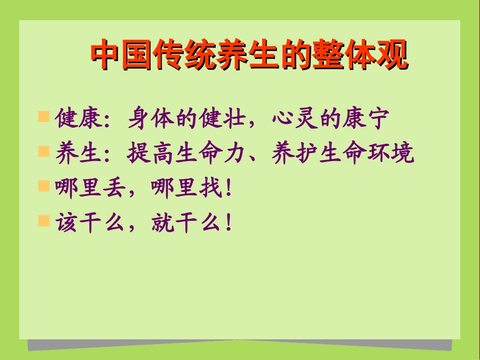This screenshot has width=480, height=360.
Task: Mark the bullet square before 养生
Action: pyautogui.click(x=44, y=151)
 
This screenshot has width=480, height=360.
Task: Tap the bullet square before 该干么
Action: pyautogui.click(x=44, y=220)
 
